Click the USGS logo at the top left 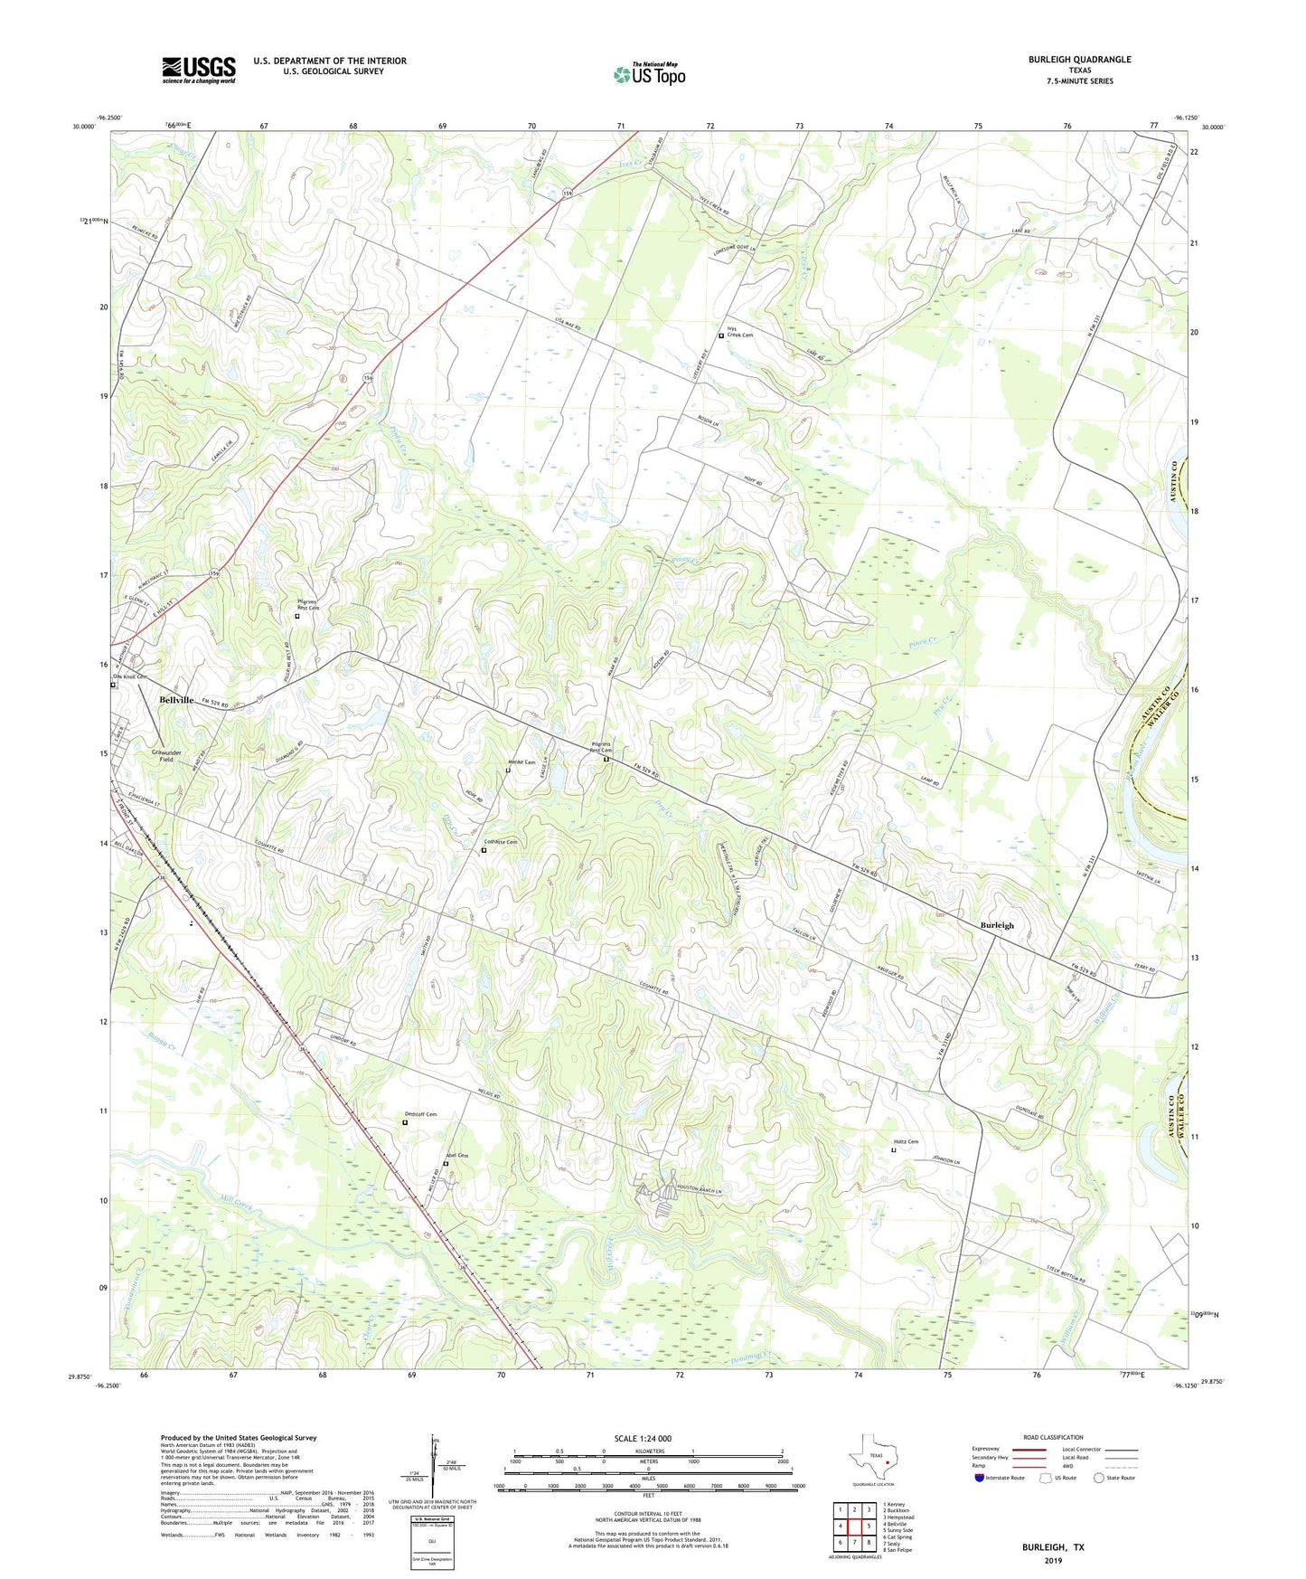pyautogui.click(x=199, y=70)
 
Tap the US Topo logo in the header pyautogui.click(x=649, y=74)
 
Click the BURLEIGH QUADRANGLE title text pyautogui.click(x=1079, y=60)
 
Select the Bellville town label pyautogui.click(x=177, y=700)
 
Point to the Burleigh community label pyautogui.click(x=997, y=925)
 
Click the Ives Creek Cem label pyautogui.click(x=740, y=332)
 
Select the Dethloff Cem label pyautogui.click(x=421, y=1114)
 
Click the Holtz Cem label pyautogui.click(x=907, y=1142)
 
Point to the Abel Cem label pyautogui.click(x=457, y=1156)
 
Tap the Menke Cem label pyautogui.click(x=522, y=762)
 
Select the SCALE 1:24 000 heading pyautogui.click(x=643, y=1438)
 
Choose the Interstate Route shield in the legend pyautogui.click(x=980, y=1478)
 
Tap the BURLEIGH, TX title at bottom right pyautogui.click(x=1053, y=1547)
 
